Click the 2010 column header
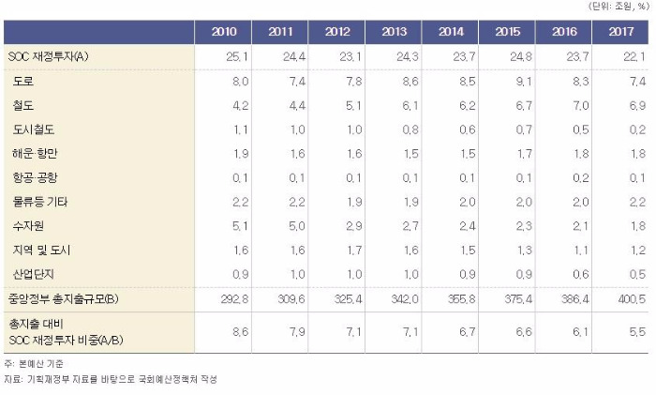tap(224, 33)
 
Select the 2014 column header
tap(450, 33)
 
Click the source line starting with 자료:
tap(108, 379)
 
